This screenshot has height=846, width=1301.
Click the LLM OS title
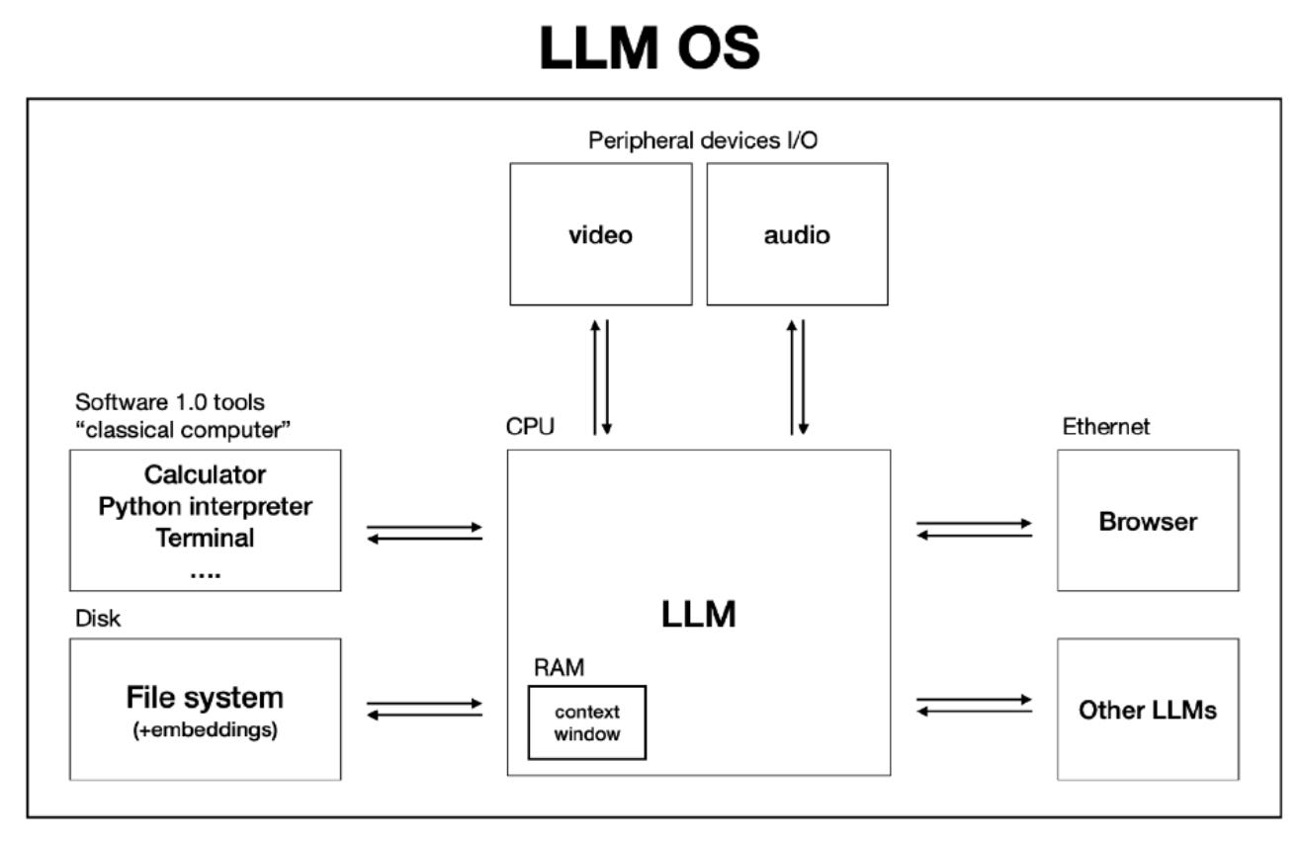coord(650,46)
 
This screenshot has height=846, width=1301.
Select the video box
coord(600,235)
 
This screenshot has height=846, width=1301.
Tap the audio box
coord(797,235)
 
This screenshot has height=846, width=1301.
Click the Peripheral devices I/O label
coord(703,141)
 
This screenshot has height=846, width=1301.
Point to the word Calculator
coord(205,474)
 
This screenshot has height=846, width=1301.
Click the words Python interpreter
coord(205,507)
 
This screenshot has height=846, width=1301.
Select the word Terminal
coord(205,539)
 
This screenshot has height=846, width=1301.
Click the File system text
coord(205,698)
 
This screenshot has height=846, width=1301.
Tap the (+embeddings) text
coord(205,732)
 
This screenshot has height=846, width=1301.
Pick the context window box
coord(587,722)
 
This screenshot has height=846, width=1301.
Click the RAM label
coord(559,668)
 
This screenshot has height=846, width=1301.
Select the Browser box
coord(1147,521)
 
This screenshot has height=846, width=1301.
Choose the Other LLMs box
coord(1147,710)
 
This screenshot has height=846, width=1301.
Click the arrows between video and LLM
coord(600,377)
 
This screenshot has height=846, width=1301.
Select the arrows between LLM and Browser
coord(974,529)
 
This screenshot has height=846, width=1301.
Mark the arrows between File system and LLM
coord(424,709)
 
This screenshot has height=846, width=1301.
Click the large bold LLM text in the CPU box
coord(698,615)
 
